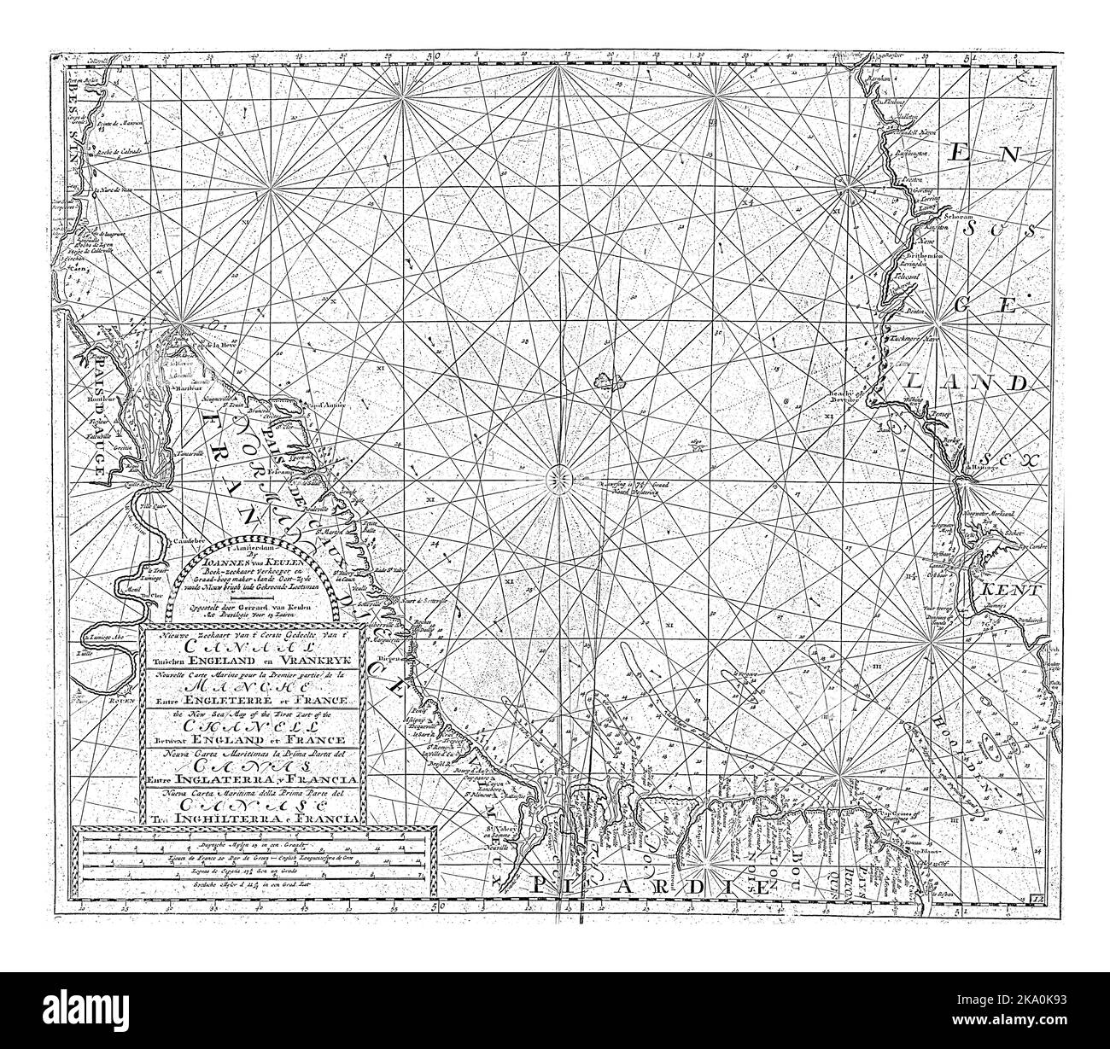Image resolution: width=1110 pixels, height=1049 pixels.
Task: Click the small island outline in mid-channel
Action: click(x=609, y=376)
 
